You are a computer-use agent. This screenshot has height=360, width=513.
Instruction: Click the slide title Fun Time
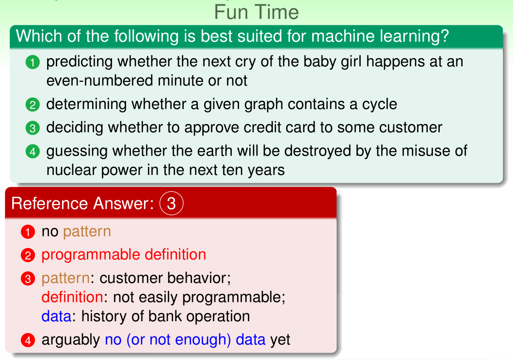256,12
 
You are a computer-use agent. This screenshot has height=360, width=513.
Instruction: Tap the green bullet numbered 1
32,62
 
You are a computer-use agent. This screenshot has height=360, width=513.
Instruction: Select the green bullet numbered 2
32,105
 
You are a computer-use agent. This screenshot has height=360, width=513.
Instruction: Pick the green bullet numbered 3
32,128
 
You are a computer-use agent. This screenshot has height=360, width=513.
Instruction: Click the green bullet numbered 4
32,151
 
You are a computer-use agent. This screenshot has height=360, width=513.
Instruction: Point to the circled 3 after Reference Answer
172,203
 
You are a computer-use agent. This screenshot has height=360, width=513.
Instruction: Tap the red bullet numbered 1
28,232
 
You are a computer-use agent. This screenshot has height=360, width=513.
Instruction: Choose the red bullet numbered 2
28,255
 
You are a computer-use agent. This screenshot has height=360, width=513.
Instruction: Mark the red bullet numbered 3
28,279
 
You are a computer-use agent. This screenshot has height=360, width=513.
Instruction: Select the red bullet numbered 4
28,340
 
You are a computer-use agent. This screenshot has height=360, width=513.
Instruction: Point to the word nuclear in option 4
71,170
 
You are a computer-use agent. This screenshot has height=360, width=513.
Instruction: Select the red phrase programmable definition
124,255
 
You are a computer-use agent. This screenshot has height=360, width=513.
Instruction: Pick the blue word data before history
56,316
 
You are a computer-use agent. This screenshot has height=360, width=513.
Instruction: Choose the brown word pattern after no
87,232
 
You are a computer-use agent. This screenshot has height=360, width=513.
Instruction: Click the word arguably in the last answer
71,340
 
